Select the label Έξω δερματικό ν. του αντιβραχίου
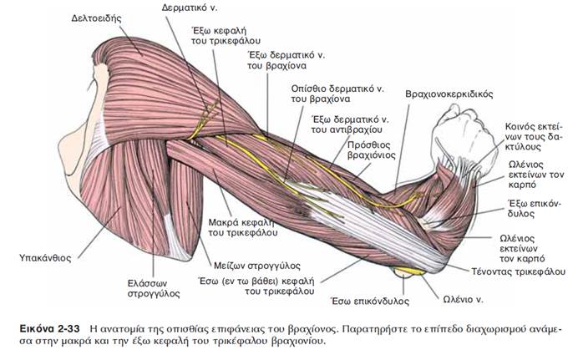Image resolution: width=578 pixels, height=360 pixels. pos(345,124)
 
